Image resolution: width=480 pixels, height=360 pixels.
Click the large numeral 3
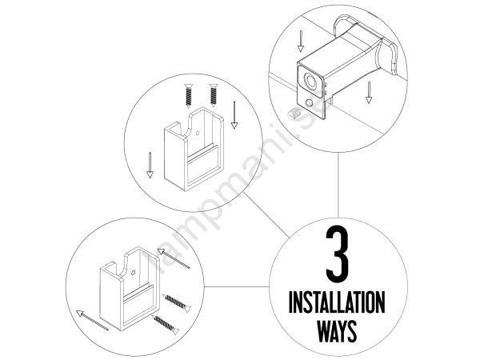[338, 254]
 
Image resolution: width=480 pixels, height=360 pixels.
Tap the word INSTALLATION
[337, 302]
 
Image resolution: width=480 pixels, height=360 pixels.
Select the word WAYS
[337, 331]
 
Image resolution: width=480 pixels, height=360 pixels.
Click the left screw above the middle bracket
[189, 96]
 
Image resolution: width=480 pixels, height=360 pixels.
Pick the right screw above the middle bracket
[214, 95]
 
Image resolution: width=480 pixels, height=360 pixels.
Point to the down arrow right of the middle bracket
[234, 115]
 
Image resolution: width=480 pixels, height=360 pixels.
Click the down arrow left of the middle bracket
[150, 166]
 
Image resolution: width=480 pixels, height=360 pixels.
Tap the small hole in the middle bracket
[198, 133]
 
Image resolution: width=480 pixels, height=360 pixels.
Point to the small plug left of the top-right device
[294, 114]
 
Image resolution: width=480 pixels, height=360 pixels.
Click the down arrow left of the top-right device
[301, 41]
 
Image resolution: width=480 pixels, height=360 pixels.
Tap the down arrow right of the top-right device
[369, 93]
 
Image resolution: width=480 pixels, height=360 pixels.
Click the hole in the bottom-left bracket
[133, 273]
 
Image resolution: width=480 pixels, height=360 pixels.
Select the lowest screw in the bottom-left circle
[166, 325]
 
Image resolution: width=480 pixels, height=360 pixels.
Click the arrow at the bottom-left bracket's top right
[174, 258]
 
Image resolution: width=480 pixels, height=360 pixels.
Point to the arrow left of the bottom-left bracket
[92, 321]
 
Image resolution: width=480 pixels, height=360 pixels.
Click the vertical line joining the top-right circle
[338, 185]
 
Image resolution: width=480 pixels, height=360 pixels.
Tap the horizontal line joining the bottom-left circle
[237, 287]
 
